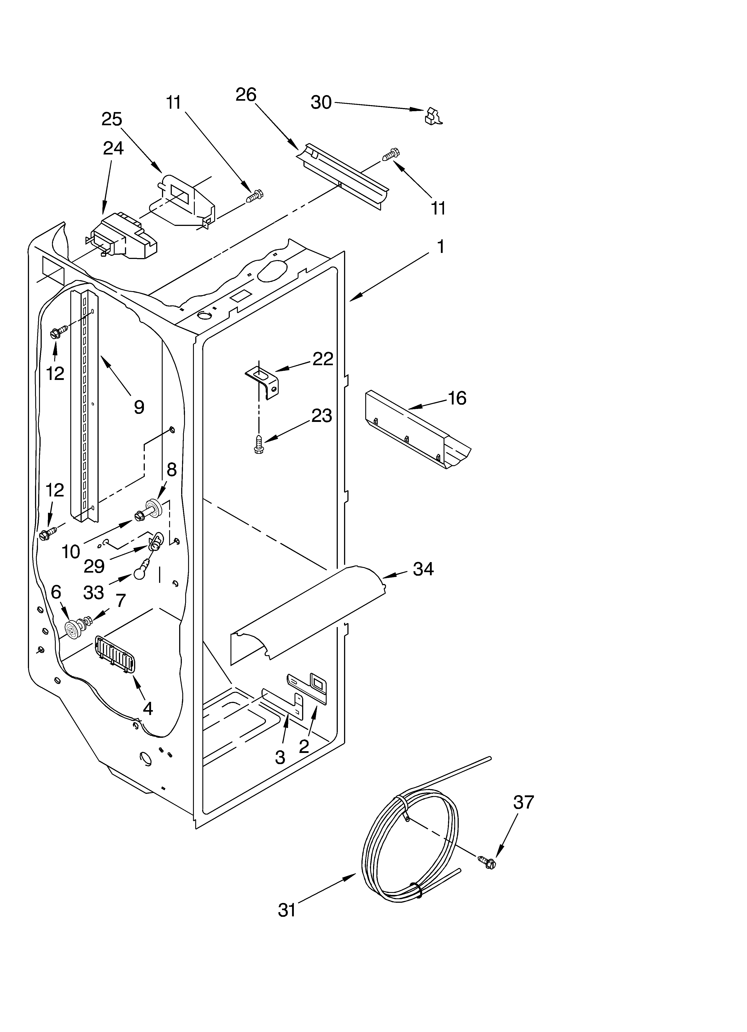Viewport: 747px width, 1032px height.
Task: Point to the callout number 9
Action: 139,407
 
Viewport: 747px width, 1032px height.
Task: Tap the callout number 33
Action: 94,592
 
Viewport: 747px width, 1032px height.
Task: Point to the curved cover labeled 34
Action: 309,610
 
